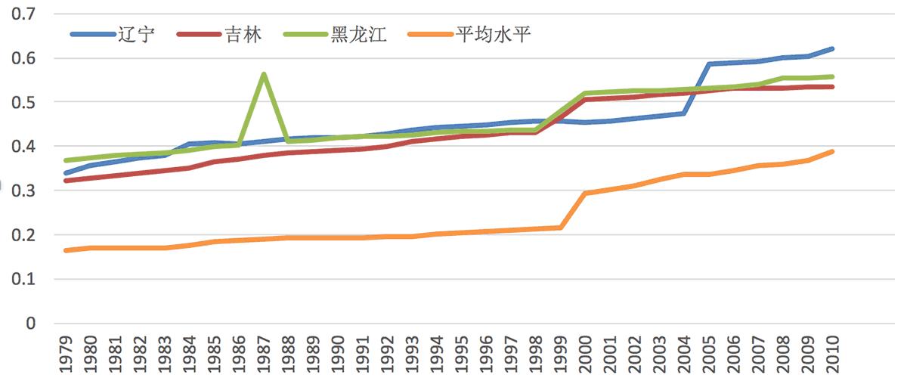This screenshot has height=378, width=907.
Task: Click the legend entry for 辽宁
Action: point(113,35)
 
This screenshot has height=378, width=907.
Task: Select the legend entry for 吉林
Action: point(220,35)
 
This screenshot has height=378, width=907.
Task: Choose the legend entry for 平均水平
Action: point(468,35)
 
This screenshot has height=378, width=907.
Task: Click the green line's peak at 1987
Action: point(263,74)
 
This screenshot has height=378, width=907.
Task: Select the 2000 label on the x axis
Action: point(585,352)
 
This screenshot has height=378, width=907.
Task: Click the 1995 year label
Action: point(461,352)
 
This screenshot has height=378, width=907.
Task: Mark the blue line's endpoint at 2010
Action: point(832,48)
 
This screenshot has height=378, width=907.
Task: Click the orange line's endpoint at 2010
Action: point(832,151)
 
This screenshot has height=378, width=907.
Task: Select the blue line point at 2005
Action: point(709,64)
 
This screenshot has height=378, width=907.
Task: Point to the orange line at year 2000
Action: point(585,194)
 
